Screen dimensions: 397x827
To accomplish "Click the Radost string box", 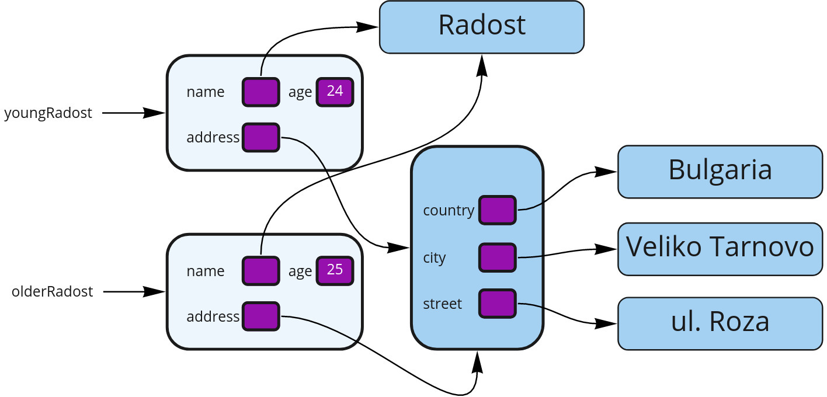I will (x=481, y=27).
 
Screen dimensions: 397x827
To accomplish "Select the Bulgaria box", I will (x=720, y=172).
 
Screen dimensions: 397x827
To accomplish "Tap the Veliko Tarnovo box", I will (x=720, y=249).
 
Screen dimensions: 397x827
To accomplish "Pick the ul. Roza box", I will (x=720, y=323).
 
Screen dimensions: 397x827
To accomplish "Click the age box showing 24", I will (x=335, y=92).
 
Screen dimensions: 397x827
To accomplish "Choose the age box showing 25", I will (x=335, y=271).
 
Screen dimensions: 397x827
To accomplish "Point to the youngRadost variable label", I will (x=48, y=113).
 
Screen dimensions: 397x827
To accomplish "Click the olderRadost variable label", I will (x=53, y=291).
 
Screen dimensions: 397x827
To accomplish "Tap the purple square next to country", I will (x=497, y=210).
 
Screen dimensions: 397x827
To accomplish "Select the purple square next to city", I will (x=497, y=257).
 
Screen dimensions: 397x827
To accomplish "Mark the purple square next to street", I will (x=497, y=304).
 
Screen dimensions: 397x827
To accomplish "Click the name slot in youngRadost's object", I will (x=260, y=92).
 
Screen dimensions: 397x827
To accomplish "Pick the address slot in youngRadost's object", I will (x=260, y=138).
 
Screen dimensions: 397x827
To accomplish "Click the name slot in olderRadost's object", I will (x=260, y=271).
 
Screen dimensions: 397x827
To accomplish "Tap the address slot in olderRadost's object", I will (x=260, y=316).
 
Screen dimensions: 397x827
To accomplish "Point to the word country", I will (x=449, y=211).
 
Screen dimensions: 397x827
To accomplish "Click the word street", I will (x=442, y=304).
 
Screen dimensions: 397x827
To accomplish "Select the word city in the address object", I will (x=435, y=258).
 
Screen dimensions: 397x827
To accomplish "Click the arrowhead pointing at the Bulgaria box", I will (x=607, y=172).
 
